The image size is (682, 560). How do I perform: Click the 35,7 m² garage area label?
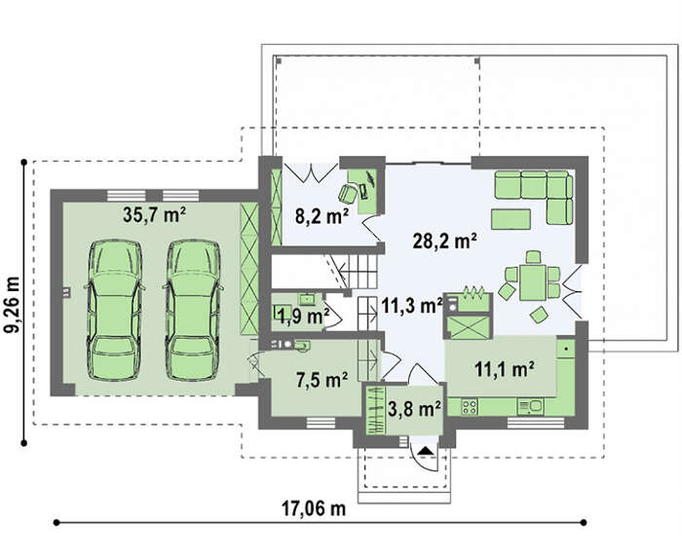pos(154,215)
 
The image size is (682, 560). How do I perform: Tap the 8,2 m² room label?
pos(322,215)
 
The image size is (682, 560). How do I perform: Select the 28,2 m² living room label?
pos(444,241)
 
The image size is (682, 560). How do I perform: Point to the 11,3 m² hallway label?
pos(412,306)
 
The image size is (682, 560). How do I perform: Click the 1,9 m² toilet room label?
pos(304,317)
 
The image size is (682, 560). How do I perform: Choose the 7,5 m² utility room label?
pos(322,380)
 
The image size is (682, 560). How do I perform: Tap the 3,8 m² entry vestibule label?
pos(414,409)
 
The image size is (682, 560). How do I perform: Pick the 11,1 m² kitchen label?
pos(505,369)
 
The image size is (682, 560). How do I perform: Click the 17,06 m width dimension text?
pos(314,507)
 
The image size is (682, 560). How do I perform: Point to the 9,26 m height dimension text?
pos(12,304)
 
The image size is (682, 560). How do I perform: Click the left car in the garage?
pos(115,310)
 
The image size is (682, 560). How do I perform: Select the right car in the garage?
pos(193,310)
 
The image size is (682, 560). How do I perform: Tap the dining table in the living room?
pos(532,282)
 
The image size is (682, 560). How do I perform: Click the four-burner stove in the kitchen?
pos(470,406)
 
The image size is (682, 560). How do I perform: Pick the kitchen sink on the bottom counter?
pos(530,406)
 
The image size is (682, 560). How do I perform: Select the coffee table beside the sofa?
pos(511,219)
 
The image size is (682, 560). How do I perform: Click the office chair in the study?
pos(348,193)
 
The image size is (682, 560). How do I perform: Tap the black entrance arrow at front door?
pos(425,450)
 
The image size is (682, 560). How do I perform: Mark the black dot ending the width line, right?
pos(584,523)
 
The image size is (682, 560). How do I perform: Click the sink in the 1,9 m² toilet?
pos(308,299)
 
